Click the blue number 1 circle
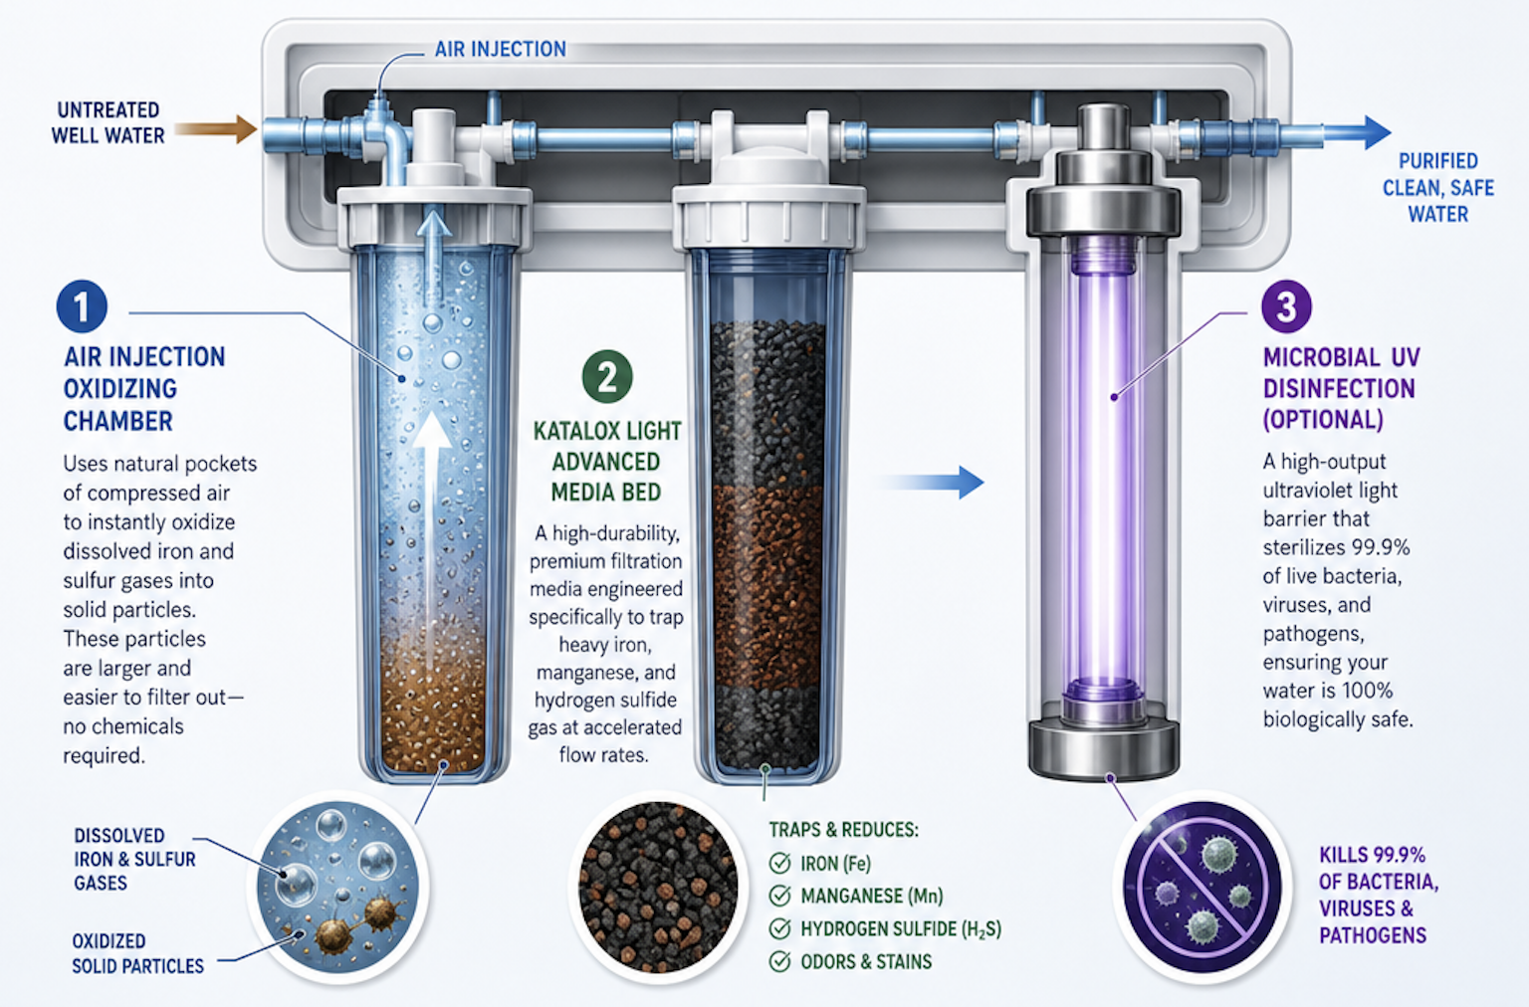[x=82, y=306]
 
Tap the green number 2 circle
[x=607, y=376]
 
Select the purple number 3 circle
[x=1286, y=306]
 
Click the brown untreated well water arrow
[x=216, y=129]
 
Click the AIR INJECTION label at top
[x=501, y=49]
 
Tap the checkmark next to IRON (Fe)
[x=779, y=863]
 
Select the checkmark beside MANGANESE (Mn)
[x=779, y=896]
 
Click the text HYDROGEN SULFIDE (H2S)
[x=901, y=929]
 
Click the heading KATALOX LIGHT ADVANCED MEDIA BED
[x=607, y=462]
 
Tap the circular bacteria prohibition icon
[x=1202, y=887]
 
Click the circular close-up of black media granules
[x=658, y=887]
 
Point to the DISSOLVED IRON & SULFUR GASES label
[x=134, y=859]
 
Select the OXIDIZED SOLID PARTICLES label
[x=138, y=954]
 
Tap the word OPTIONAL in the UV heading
[x=1323, y=420]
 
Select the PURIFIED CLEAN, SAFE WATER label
[x=1438, y=188]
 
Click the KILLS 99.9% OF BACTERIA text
[x=1379, y=868]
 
